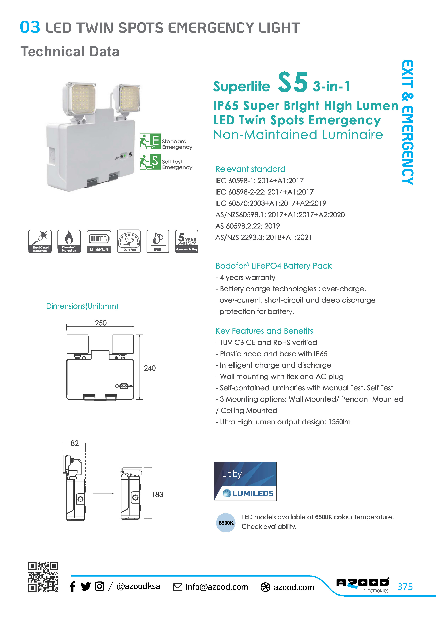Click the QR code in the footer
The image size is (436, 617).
pos(43,577)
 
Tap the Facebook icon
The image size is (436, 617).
pos(72,586)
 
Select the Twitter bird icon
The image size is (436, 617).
pos(86,586)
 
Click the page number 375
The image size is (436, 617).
pos(405,587)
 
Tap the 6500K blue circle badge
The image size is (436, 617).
pos(226,523)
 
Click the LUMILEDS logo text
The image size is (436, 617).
pos(253,493)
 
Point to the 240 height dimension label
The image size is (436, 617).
pos(150,368)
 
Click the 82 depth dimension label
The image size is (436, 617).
pos(75,443)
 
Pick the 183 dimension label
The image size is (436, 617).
pos(157,494)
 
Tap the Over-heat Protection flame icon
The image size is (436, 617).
pos(69,241)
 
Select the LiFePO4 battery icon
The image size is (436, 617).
pos(99,241)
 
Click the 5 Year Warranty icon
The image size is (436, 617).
pos(187,241)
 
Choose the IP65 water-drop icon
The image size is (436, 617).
pos(158,241)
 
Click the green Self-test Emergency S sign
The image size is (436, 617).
pos(150,161)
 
